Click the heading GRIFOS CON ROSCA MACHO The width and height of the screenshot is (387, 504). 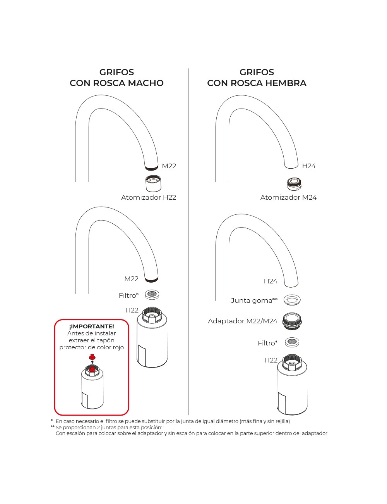tap(116, 78)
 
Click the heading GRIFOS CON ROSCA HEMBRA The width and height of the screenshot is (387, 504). tap(257, 78)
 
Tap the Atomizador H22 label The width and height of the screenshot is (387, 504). tap(149, 197)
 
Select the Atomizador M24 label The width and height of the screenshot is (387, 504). tap(288, 197)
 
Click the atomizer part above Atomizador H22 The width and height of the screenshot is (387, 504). tap(153, 183)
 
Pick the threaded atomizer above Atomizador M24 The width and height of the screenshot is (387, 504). tap(295, 183)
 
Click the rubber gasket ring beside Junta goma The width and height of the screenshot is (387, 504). tap(292, 299)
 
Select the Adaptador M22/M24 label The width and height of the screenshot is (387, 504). tap(243, 321)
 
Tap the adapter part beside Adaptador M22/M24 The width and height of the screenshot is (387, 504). tap(292, 321)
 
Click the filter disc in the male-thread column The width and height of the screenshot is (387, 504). tap(152, 294)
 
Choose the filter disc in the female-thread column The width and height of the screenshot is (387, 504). tap(292, 342)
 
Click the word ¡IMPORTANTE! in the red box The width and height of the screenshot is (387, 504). tap(92, 326)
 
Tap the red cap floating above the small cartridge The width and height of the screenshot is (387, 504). tap(92, 356)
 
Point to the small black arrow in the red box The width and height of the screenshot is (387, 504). tap(92, 361)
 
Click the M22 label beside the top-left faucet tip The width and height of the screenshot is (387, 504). tap(169, 166)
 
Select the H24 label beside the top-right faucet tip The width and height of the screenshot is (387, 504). tap(309, 166)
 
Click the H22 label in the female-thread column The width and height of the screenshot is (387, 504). tap(271, 360)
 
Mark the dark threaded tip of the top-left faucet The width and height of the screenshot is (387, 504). tap(151, 168)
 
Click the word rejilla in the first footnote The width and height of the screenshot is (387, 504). tap(280, 421)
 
